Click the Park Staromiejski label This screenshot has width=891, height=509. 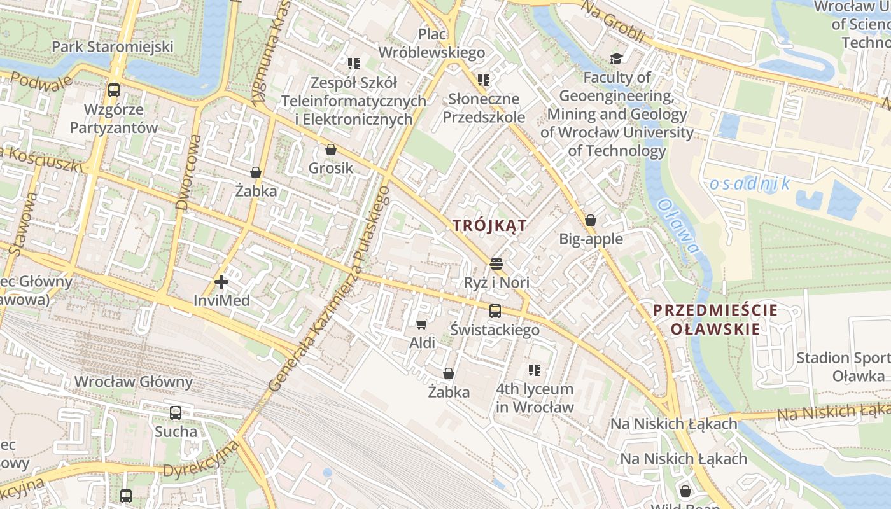tap(113, 46)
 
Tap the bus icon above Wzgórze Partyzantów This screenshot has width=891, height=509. tap(114, 90)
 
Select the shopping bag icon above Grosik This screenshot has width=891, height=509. tap(330, 150)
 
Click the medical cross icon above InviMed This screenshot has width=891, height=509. tap(221, 281)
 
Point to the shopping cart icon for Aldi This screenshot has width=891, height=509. tap(421, 324)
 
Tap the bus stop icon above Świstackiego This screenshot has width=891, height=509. tap(495, 311)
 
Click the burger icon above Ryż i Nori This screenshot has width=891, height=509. tap(496, 264)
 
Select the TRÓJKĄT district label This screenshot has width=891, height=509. tap(489, 225)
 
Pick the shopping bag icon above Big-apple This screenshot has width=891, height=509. tap(591, 221)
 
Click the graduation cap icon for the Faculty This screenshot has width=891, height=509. tap(616, 59)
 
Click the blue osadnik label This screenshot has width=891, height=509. tap(749, 185)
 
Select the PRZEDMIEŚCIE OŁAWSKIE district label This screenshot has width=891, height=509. tap(715, 320)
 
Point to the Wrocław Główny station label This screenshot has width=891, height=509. tap(134, 382)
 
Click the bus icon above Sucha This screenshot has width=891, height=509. tap(176, 413)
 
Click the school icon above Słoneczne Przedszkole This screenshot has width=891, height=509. tap(484, 80)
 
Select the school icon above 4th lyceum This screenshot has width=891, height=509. tap(535, 370)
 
